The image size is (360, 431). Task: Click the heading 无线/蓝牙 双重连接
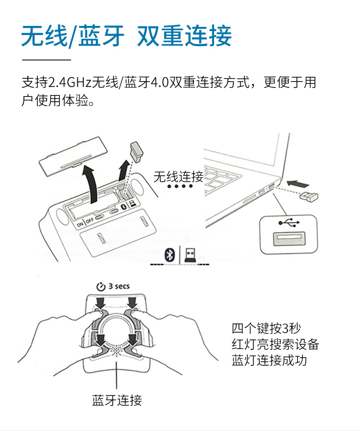126,36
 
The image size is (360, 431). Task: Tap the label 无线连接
179,177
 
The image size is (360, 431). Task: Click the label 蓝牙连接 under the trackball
117,400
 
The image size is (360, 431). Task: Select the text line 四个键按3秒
266,328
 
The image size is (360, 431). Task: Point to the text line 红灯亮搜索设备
275,344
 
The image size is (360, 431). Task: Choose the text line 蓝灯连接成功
269,360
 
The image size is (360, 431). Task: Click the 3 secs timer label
119,286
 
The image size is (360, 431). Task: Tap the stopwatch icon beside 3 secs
101,287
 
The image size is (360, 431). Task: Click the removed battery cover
72,156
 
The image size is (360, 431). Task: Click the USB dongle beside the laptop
309,196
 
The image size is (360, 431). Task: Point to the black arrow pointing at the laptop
298,184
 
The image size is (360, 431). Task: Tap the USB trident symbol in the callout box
288,223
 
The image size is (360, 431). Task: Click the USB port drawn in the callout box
289,239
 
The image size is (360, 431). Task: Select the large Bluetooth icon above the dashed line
169,254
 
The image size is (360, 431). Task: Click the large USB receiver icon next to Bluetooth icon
190,254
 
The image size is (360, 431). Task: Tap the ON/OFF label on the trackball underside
85,222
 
